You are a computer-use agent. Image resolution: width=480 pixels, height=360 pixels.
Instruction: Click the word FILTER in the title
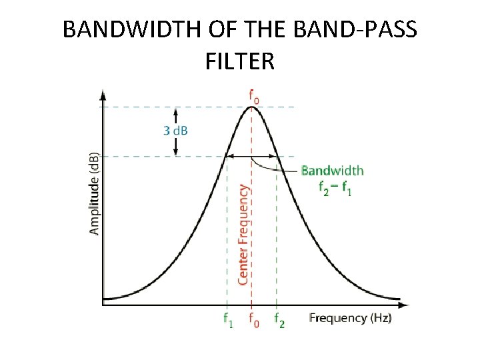point(240,62)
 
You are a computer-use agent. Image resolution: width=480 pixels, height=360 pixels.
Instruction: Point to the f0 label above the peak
point(253,97)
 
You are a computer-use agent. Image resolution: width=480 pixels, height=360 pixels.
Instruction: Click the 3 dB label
point(175,130)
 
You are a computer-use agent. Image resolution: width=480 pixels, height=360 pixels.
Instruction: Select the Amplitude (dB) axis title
point(95,194)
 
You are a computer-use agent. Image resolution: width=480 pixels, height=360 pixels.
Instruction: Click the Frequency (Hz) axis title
point(350,318)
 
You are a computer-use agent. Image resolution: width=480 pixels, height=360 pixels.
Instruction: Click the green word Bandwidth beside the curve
point(332,171)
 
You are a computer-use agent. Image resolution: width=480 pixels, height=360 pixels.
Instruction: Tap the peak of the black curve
point(252,107)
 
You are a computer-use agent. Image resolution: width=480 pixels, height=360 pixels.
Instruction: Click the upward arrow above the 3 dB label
point(175,113)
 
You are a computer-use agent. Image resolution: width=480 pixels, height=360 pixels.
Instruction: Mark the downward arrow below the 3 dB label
point(175,148)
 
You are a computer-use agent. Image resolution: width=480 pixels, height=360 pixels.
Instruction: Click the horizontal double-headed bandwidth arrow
point(252,157)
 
